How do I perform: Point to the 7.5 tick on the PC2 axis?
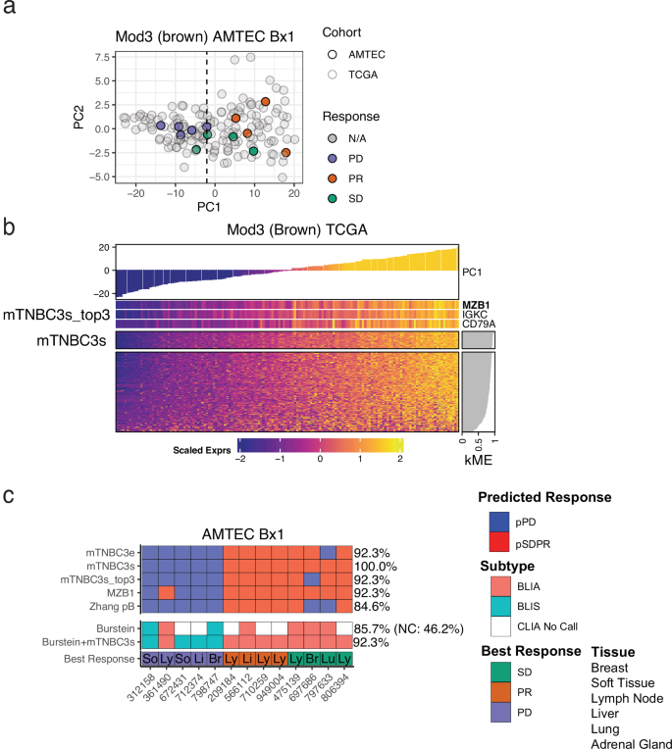[x=100, y=56]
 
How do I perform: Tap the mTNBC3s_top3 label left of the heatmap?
[x=59, y=317]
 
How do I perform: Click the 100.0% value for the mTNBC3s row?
[x=375, y=566]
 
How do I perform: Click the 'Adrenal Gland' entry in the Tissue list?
[x=631, y=743]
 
